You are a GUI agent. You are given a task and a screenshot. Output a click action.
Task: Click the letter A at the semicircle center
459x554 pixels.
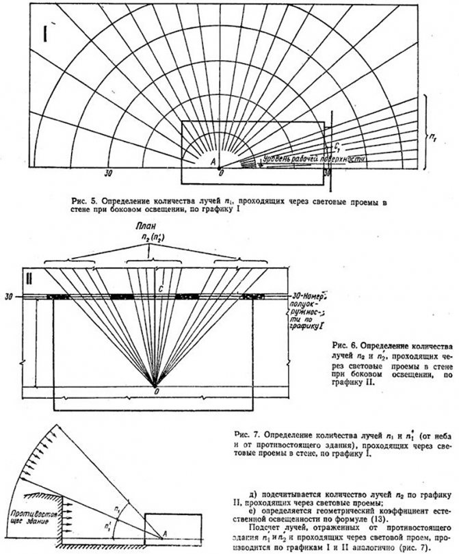pos(213,161)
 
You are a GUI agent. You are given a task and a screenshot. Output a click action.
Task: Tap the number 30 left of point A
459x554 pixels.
pos(107,174)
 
